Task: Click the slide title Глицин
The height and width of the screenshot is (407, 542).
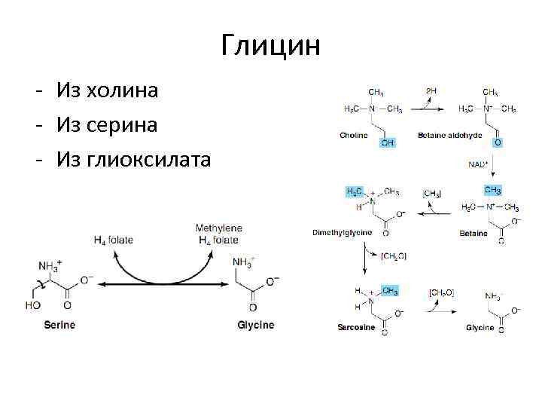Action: [271, 46]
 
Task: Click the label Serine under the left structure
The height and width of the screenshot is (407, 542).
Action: [59, 325]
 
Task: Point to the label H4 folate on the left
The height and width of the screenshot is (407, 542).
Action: [113, 240]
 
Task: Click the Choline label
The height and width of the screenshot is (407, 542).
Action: [353, 136]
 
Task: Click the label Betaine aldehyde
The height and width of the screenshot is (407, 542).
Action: [443, 136]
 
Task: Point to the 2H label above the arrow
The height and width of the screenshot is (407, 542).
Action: [431, 90]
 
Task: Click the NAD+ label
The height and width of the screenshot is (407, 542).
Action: [477, 162]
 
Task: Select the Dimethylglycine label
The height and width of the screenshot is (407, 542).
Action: [342, 233]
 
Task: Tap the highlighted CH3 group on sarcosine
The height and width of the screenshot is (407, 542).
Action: [390, 290]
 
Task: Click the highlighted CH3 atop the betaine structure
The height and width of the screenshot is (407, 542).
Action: [492, 190]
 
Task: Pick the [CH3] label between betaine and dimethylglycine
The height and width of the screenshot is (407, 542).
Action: [432, 194]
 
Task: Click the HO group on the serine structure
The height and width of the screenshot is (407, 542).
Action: [32, 306]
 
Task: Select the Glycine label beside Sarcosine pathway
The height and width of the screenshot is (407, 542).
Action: [480, 328]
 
